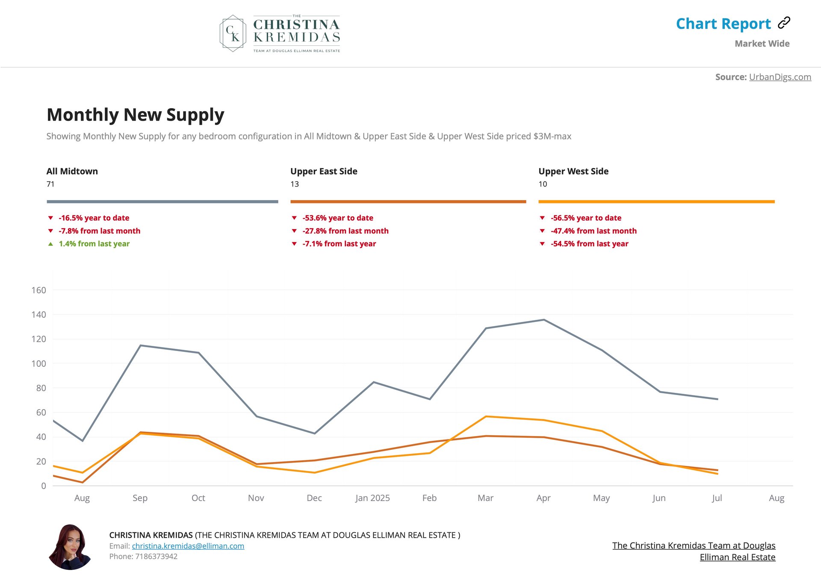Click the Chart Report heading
pyautogui.click(x=723, y=24)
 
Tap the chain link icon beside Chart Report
pyautogui.click(x=784, y=23)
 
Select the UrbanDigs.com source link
pyautogui.click(x=780, y=77)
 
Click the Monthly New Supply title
pyautogui.click(x=135, y=115)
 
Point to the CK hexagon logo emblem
pyautogui.click(x=233, y=33)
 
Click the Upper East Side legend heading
pyautogui.click(x=324, y=171)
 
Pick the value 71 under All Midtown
pyautogui.click(x=50, y=184)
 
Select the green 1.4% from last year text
pyautogui.click(x=94, y=244)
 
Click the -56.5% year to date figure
pyautogui.click(x=585, y=218)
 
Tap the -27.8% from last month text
pyautogui.click(x=345, y=231)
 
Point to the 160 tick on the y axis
pyautogui.click(x=38, y=290)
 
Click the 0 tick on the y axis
pyautogui.click(x=43, y=486)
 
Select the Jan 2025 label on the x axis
pyautogui.click(x=372, y=498)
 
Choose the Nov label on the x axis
pyautogui.click(x=256, y=498)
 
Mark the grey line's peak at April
pyautogui.click(x=543, y=320)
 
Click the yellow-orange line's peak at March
pyautogui.click(x=486, y=416)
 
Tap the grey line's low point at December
pyautogui.click(x=315, y=433)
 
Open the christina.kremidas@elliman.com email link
pyautogui.click(x=188, y=546)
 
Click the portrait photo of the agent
pyautogui.click(x=70, y=547)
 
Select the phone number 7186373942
pyautogui.click(x=156, y=557)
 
